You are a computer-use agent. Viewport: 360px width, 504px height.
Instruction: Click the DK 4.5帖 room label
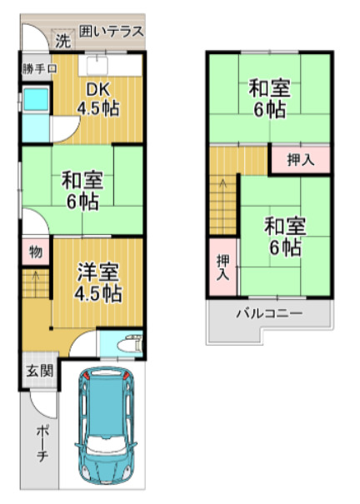click(97, 98)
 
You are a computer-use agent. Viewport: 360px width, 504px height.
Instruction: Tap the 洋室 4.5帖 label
click(99, 281)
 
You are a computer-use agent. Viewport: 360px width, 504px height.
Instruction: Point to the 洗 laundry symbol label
click(62, 40)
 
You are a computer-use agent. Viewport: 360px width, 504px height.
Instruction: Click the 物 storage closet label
click(36, 251)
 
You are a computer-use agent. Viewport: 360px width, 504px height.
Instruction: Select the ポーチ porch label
click(43, 445)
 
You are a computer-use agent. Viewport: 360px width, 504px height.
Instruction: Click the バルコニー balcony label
click(268, 314)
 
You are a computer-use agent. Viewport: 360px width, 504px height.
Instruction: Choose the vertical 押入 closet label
click(222, 266)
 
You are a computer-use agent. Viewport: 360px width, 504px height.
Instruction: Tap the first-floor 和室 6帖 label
click(81, 190)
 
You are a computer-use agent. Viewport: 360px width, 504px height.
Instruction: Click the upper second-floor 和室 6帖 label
click(268, 97)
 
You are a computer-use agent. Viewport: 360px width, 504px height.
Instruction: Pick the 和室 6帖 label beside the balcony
click(285, 235)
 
